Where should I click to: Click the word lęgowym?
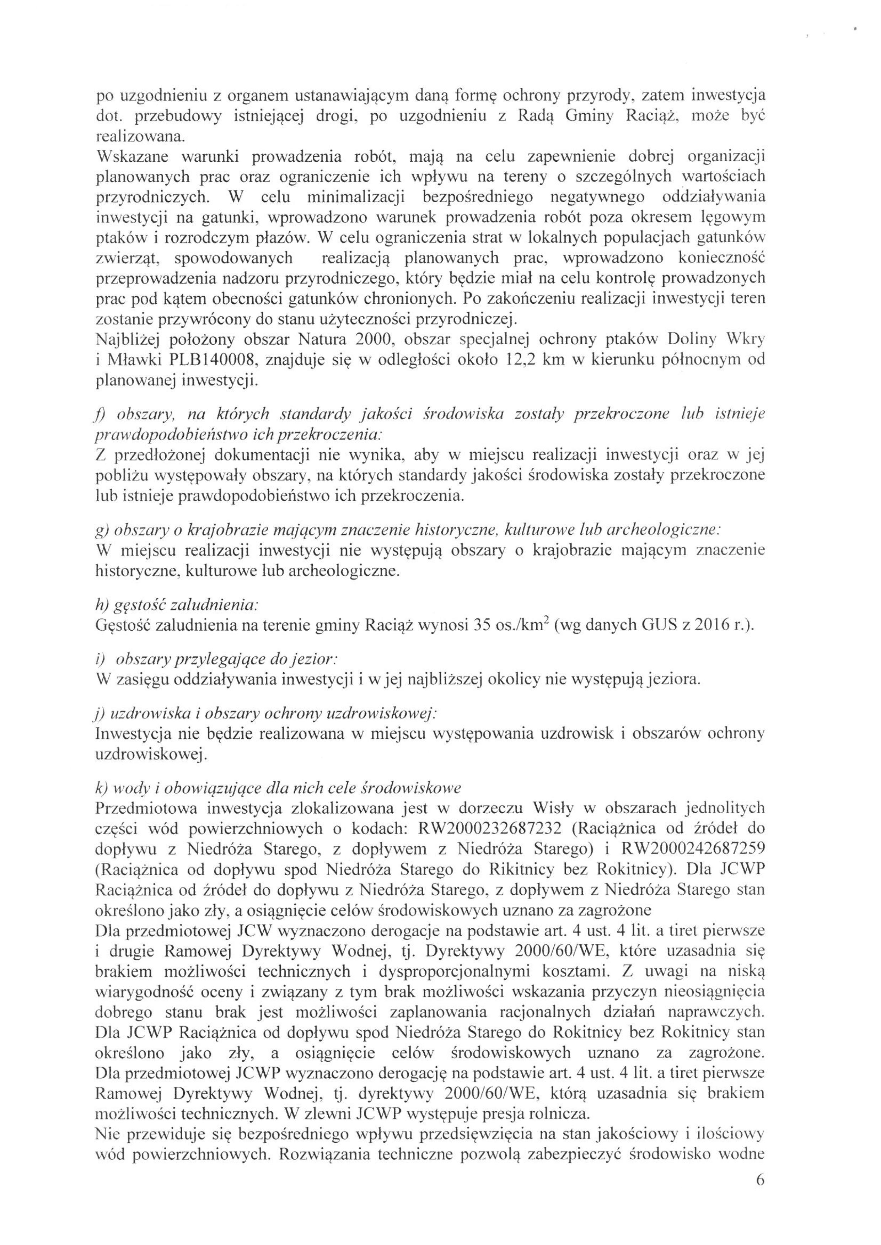pos(733,218)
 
